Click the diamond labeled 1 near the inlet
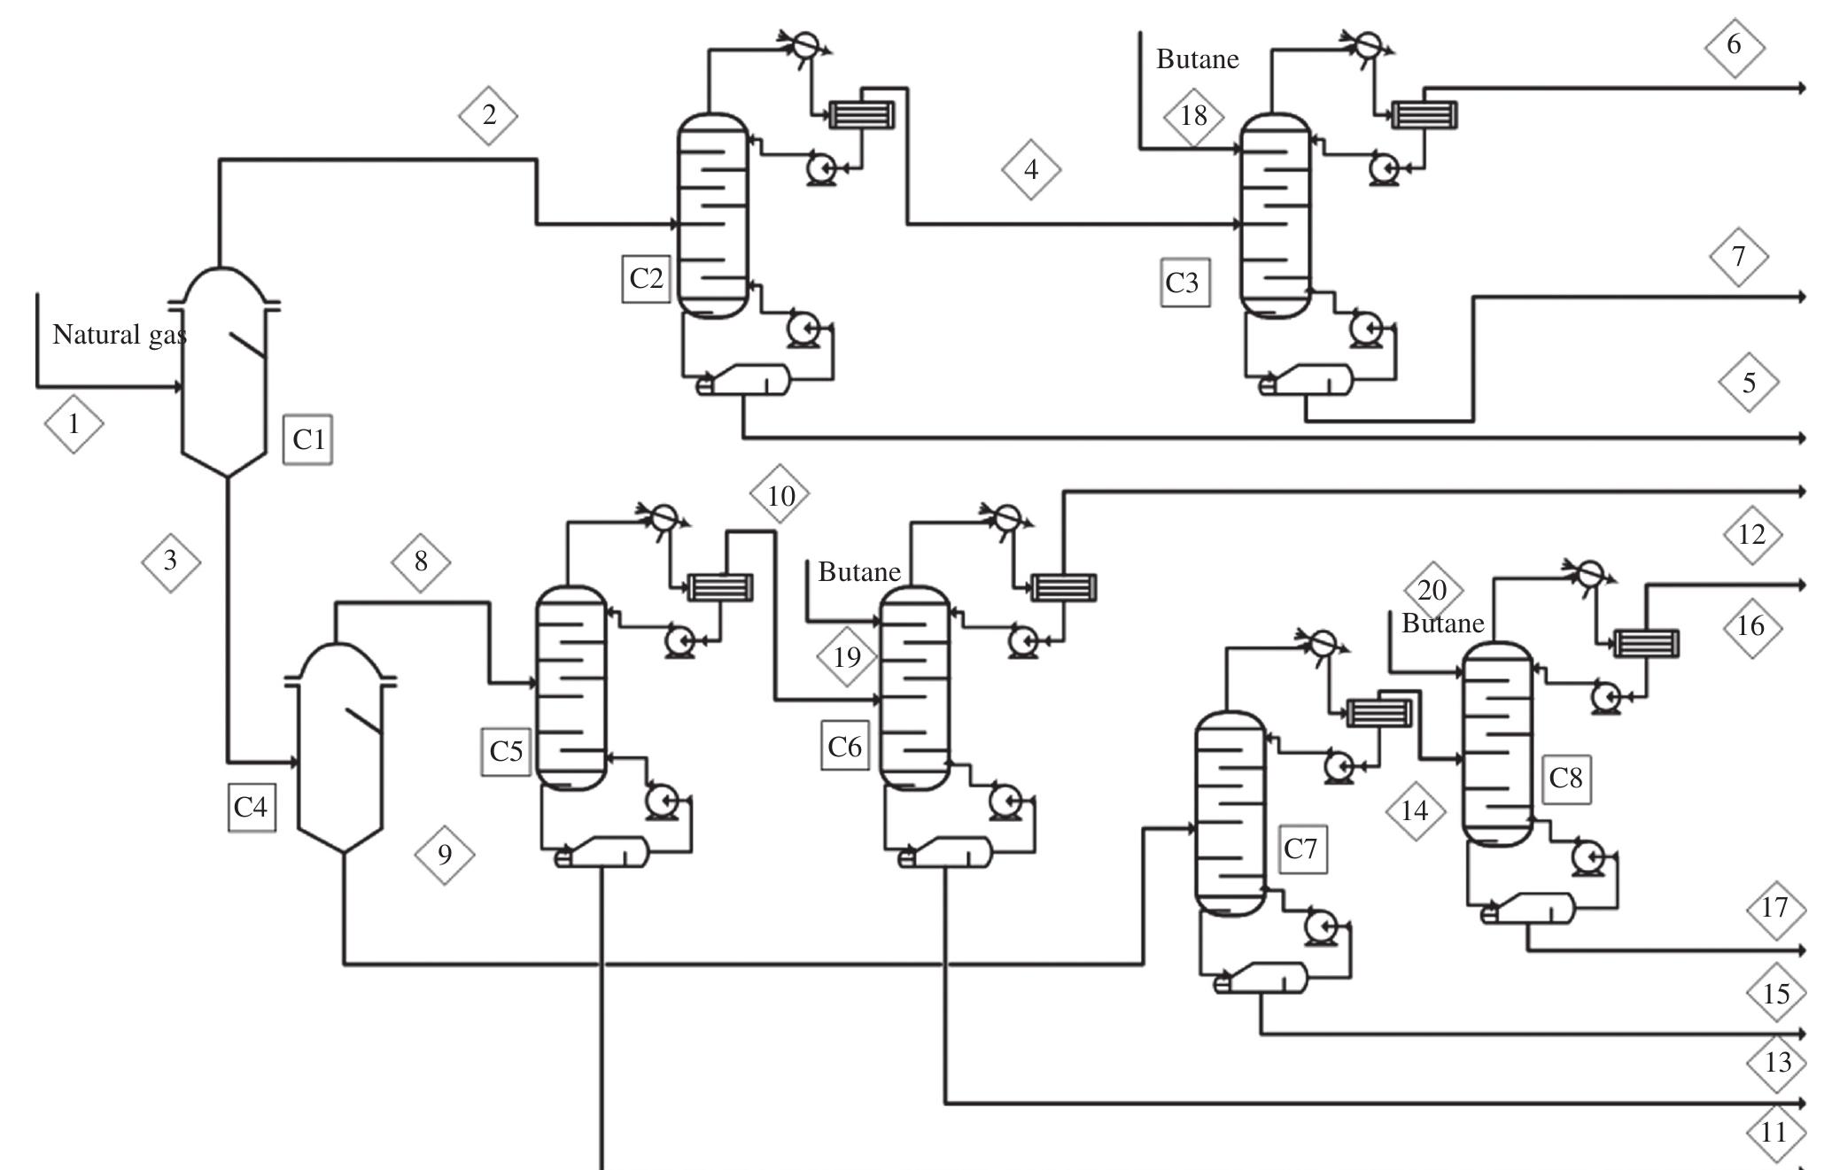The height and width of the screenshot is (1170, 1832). point(74,424)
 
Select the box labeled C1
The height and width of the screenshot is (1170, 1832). point(308,439)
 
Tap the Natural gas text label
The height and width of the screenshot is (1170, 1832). point(120,335)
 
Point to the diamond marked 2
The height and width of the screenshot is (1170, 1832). point(488,115)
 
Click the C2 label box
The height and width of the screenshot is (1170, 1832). point(646,278)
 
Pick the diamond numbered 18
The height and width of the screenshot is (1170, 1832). point(1193,116)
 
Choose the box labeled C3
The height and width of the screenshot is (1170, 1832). point(1184,283)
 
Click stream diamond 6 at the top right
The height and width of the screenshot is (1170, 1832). point(1734,45)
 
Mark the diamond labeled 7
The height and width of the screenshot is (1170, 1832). point(1738,257)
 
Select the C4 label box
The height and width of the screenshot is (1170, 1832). point(252,807)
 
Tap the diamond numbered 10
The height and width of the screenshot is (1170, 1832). point(780,495)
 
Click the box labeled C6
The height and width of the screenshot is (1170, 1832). point(844,746)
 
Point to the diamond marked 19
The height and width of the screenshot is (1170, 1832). point(847,657)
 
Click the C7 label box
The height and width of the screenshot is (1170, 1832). point(1301,848)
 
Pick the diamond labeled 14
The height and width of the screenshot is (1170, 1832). point(1415,810)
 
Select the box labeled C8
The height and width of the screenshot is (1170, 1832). point(1565,779)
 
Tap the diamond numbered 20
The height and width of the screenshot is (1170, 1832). point(1432,590)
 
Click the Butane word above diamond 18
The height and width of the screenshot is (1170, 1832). point(1197,59)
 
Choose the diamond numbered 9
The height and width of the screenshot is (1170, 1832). point(445,855)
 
